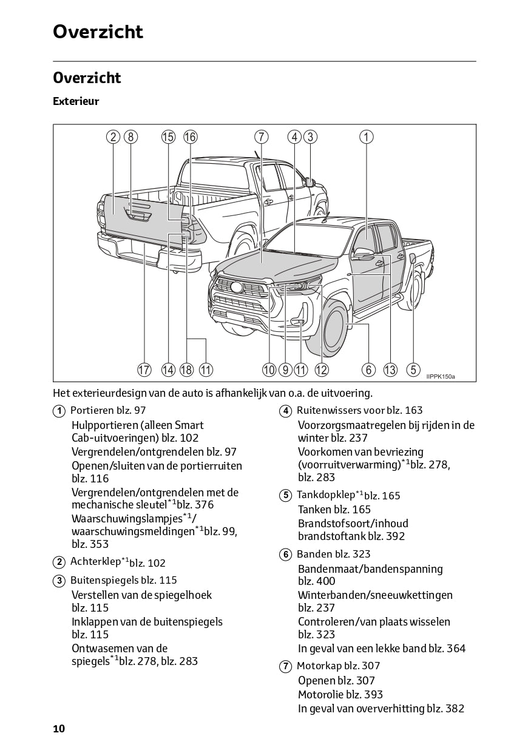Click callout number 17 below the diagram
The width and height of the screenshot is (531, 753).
point(144,370)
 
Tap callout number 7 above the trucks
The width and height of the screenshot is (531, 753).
point(262,137)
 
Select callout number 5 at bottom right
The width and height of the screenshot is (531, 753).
point(413,370)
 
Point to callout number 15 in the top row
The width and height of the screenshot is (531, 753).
point(168,137)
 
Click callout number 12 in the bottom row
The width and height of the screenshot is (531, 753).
point(322,370)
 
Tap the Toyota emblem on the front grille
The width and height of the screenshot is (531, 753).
point(235,287)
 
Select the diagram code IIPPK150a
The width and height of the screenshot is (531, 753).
point(440,377)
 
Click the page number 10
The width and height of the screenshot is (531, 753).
point(59,729)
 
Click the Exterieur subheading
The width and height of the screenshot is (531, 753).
point(76,101)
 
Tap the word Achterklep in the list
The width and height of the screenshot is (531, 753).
point(96,562)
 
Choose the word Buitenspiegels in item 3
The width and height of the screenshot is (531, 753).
point(104,580)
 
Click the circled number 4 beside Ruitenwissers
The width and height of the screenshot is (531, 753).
point(285,411)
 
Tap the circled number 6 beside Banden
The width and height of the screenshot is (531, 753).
point(285,555)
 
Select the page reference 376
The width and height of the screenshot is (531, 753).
point(205,505)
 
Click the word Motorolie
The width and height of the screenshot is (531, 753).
point(322,695)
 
